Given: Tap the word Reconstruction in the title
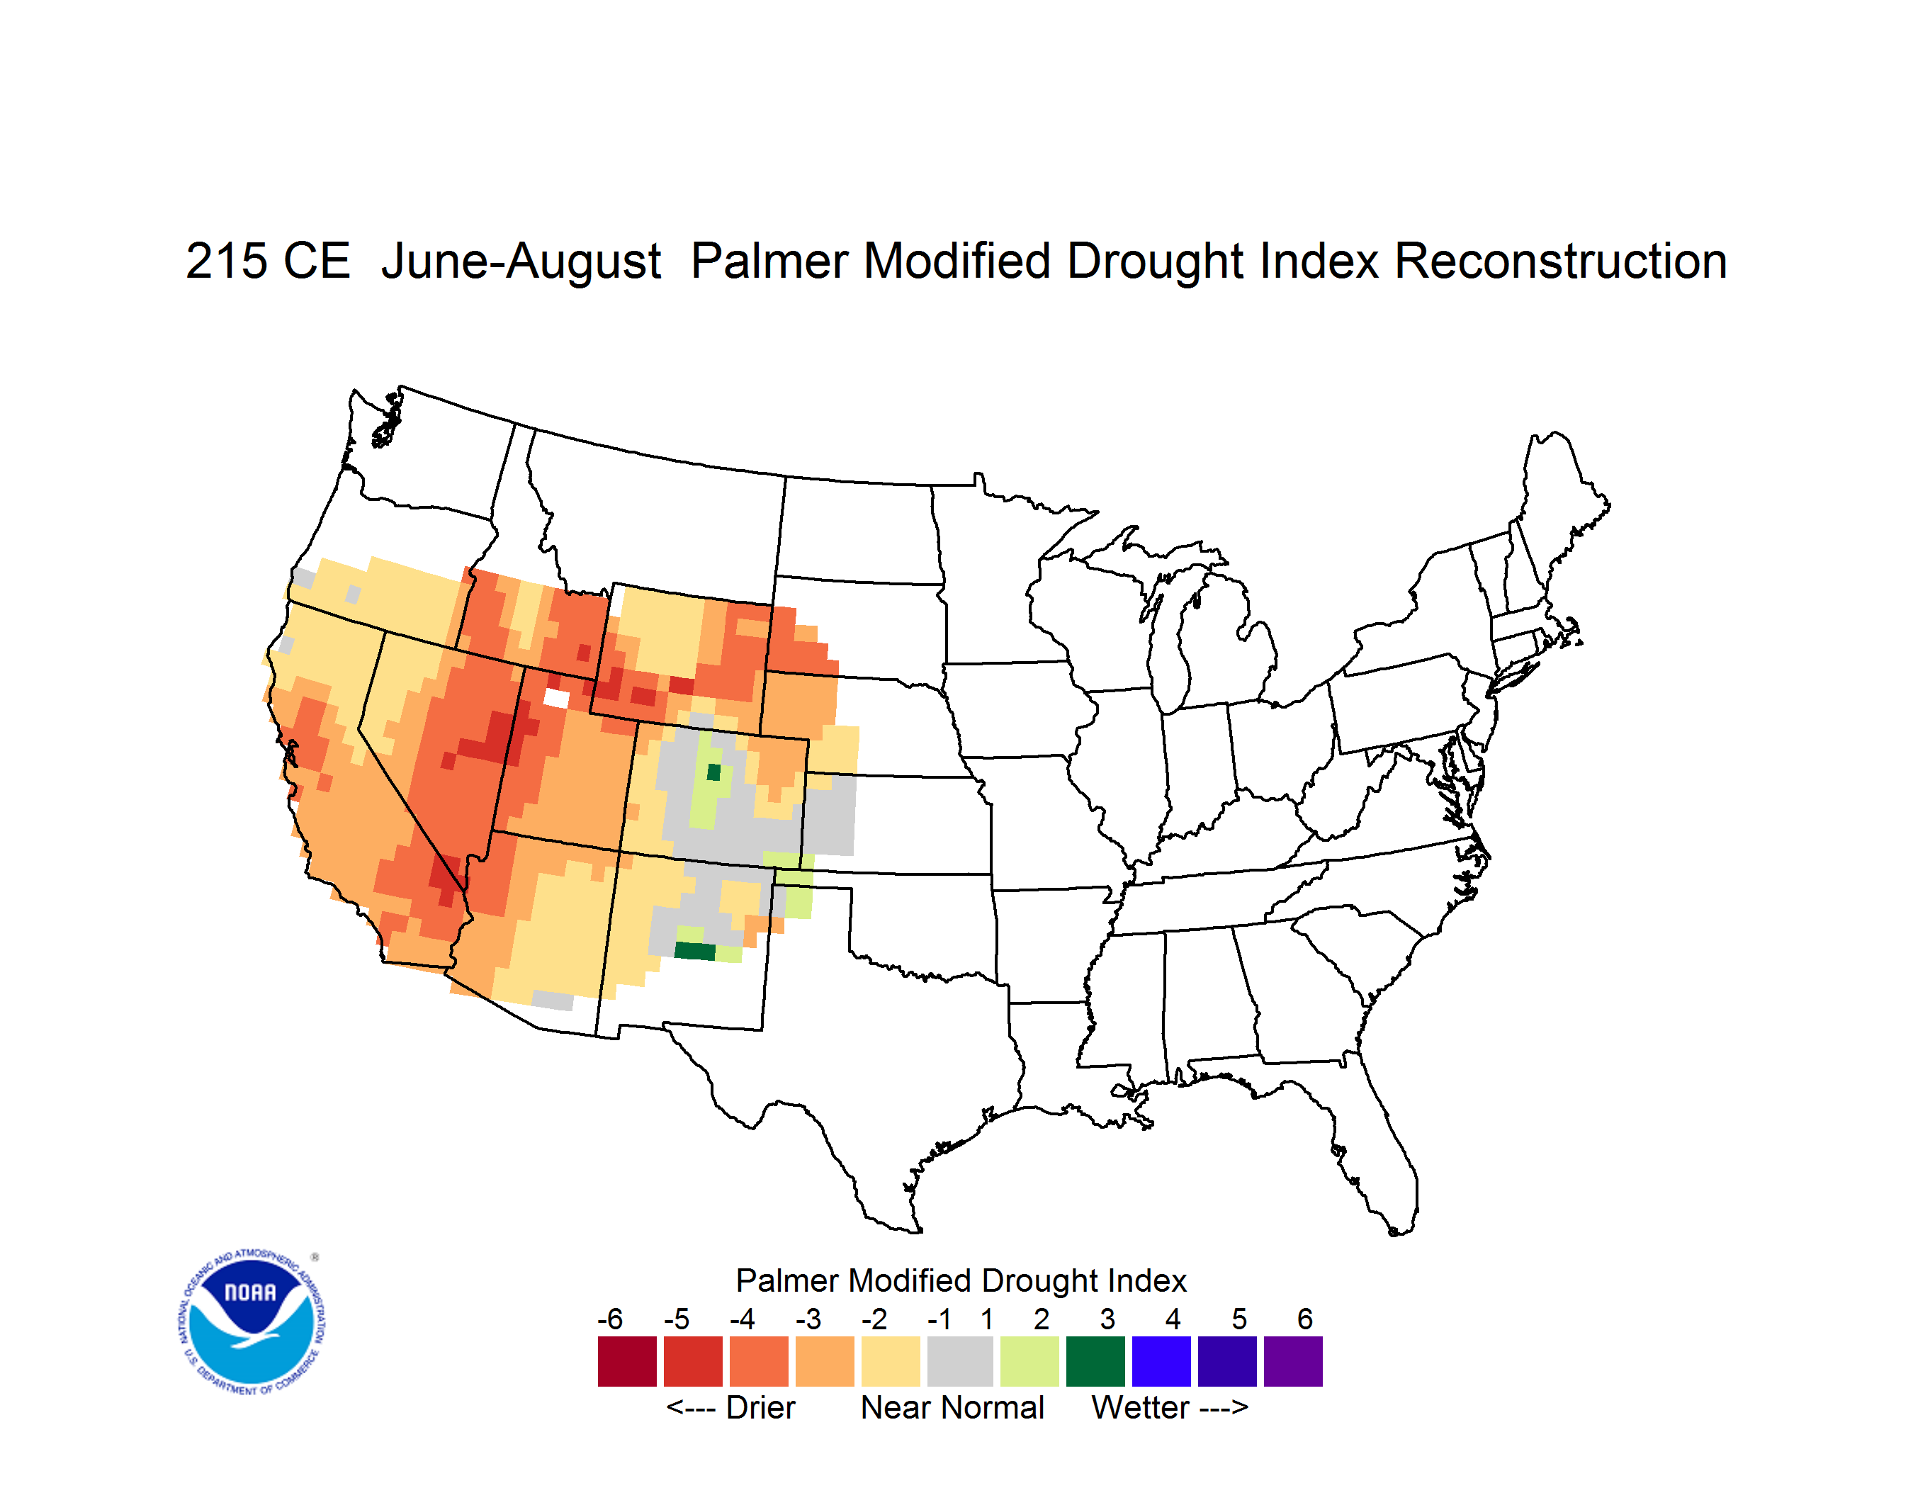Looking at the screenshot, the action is click(x=1560, y=261).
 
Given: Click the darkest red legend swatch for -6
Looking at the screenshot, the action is click(x=627, y=1361).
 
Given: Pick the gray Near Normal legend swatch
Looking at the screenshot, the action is click(x=960, y=1361).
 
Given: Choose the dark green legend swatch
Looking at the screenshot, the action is click(x=1095, y=1361).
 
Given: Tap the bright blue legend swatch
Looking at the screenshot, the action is click(x=1161, y=1361).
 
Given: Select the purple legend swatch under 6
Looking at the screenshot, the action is click(x=1293, y=1361).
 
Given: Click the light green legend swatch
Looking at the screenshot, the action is click(x=1029, y=1361).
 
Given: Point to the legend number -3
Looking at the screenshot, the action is click(x=808, y=1319).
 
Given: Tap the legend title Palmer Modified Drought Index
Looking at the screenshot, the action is click(x=961, y=1280).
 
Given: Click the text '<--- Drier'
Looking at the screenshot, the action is click(x=730, y=1407).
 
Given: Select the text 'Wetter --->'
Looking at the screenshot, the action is click(x=1169, y=1407).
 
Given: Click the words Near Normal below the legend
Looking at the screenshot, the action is click(x=952, y=1407).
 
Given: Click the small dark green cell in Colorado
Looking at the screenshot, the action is click(x=714, y=772).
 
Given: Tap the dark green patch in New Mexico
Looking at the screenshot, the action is click(x=694, y=951).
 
